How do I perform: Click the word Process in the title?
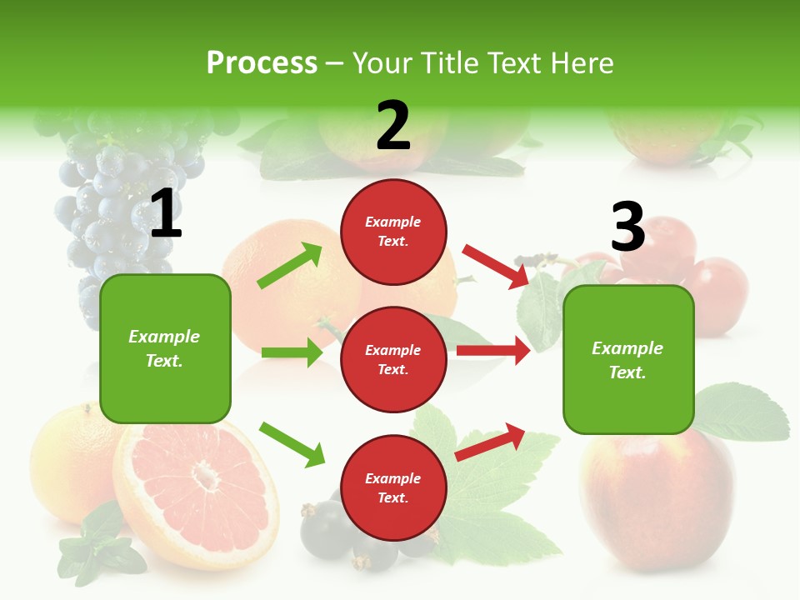[x=262, y=63]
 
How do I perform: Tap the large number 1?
[x=166, y=214]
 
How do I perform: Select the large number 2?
[x=393, y=126]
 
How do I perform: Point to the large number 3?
[x=627, y=227]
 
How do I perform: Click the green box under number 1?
[x=165, y=348]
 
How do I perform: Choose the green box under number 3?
[x=628, y=359]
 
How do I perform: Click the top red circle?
[x=393, y=232]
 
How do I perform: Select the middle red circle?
[x=393, y=359]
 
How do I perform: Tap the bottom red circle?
[x=393, y=487]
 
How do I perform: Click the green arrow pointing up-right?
[x=290, y=266]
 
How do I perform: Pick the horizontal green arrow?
[x=292, y=352]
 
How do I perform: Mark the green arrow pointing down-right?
[x=292, y=443]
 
